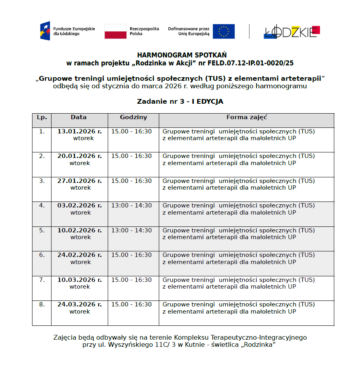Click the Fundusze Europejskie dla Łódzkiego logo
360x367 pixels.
67,31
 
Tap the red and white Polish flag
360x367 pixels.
116,31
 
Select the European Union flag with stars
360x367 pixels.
223,31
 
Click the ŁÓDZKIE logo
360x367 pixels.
292,32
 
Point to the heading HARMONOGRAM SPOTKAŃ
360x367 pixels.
182,55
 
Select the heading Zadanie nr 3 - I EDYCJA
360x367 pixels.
180,101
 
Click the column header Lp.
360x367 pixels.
42,117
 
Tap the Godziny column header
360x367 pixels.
133,117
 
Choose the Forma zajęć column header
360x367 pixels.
247,117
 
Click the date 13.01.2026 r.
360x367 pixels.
79,131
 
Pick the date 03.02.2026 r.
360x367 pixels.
79,205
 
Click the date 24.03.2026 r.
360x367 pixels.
79,304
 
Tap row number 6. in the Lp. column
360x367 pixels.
42,255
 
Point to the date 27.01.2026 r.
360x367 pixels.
79,181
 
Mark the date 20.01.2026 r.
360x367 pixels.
79,156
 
